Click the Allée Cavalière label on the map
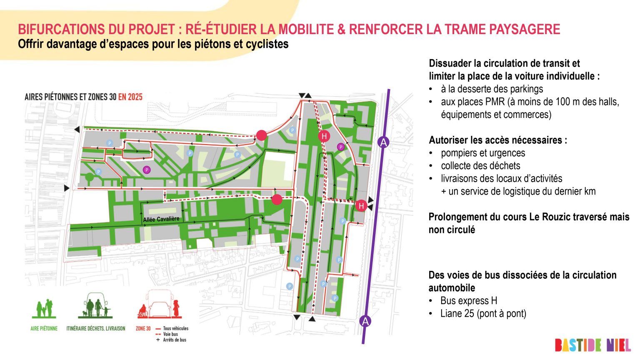click(161, 219)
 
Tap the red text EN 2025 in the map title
click(130, 97)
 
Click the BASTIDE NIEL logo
click(592, 345)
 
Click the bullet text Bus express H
click(469, 300)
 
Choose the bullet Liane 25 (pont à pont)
click(483, 313)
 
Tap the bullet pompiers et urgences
click(483, 153)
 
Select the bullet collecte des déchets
click(480, 166)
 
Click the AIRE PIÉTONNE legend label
click(44, 328)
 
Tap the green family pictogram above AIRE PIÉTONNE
click(44, 308)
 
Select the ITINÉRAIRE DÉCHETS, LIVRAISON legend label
click(96, 328)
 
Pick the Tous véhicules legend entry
click(175, 328)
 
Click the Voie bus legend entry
click(170, 334)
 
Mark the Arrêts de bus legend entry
click(174, 340)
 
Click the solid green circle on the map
click(89, 177)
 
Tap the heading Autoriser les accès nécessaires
click(498, 140)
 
